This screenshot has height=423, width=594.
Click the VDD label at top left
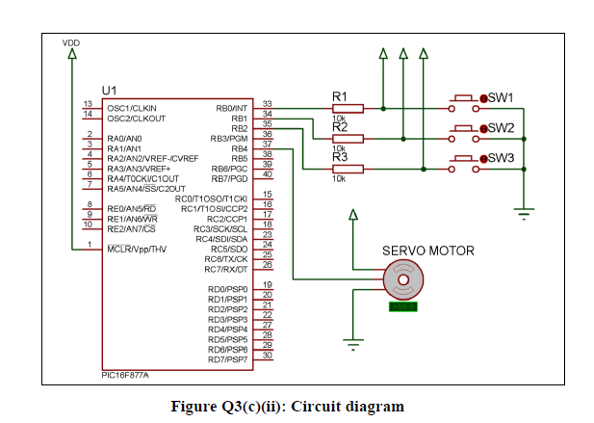(71, 42)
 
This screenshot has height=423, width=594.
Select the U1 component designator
(109, 89)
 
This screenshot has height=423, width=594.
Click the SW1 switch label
(501, 98)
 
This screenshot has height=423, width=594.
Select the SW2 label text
(501, 128)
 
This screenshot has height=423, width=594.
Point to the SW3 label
(501, 158)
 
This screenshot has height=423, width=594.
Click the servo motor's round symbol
(401, 281)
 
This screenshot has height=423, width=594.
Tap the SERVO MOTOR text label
(428, 251)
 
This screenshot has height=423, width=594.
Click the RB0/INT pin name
(232, 109)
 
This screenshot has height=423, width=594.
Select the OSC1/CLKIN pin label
(132, 109)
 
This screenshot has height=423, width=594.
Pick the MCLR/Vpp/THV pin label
(137, 249)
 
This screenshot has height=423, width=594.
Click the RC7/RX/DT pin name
(227, 269)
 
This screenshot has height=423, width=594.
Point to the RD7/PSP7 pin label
(227, 359)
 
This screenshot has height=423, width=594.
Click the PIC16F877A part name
(125, 375)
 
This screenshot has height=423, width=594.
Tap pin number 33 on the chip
(267, 104)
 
